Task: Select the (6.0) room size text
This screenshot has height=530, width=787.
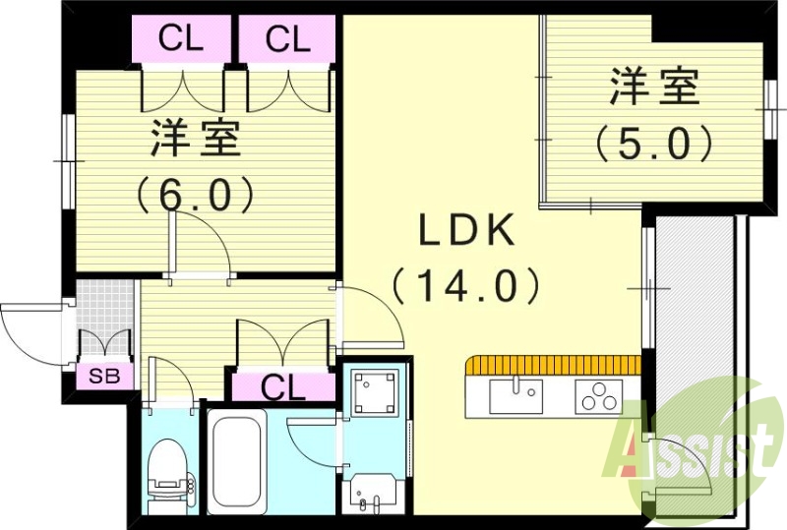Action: click(x=196, y=194)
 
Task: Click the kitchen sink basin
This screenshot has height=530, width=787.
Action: click(x=515, y=396)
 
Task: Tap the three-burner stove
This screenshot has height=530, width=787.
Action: click(x=598, y=398)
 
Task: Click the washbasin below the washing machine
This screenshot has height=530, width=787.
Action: click(x=374, y=489)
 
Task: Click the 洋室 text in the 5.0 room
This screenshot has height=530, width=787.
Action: click(x=654, y=88)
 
